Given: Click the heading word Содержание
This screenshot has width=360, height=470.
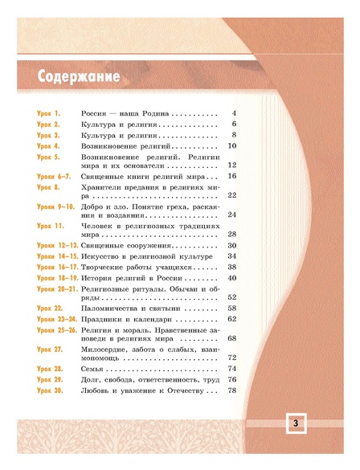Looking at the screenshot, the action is click(79, 76).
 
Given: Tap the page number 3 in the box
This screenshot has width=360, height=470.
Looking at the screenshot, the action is click(295, 424).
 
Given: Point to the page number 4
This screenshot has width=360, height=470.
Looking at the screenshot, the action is click(233, 115).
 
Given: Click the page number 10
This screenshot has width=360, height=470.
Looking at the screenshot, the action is click(231, 146).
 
